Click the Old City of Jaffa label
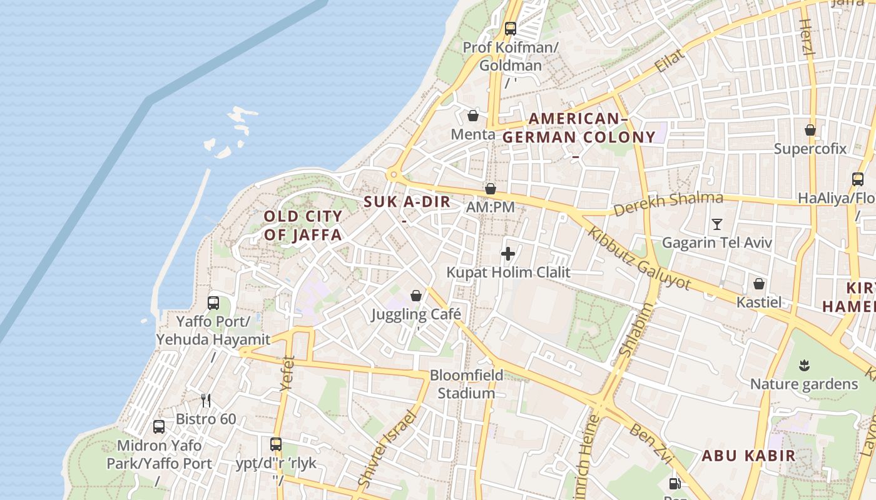coord(303,226)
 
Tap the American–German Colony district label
coord(579,128)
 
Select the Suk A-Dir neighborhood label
coord(407,202)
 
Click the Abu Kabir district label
coord(748,456)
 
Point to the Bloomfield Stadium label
coord(466,384)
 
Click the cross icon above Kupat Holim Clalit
coord(508,254)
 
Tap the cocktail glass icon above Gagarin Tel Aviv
coord(717,224)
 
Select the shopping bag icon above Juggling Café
coord(416,295)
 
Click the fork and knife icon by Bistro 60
coord(205,400)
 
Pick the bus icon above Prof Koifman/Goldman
coord(511,28)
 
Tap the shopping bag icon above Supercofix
coord(810,130)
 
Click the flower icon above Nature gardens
coord(805,365)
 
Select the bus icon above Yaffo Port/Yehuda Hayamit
coord(213,303)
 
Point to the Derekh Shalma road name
coord(668,203)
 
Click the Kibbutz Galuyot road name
coord(639,257)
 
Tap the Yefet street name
coord(287,374)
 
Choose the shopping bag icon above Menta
coord(473,116)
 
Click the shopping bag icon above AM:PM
coord(491,188)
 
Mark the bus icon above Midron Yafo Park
coord(159,427)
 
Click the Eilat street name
coord(670,61)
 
